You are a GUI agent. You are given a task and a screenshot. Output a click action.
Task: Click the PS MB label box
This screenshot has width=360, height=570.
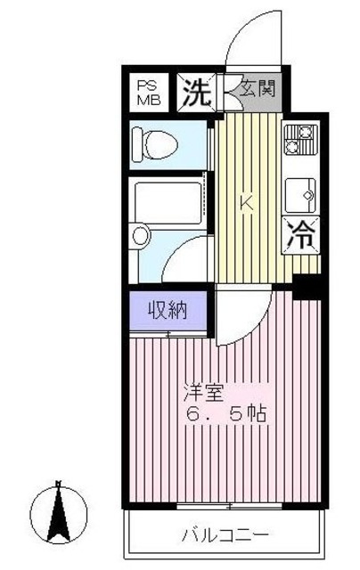147,92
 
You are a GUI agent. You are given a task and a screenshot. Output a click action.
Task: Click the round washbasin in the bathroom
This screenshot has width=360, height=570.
140,236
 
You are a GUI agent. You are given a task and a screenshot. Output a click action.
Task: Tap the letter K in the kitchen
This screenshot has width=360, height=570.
247,202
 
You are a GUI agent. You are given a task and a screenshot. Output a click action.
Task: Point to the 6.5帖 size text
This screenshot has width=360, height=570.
223,415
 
